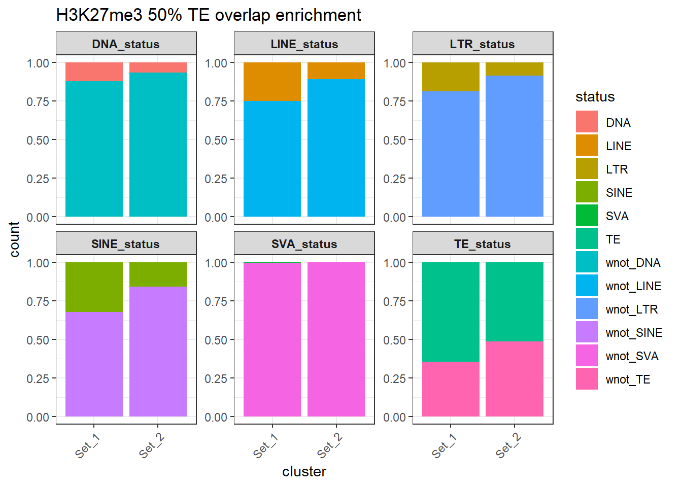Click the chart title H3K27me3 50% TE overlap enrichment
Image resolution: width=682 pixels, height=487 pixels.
pos(208,15)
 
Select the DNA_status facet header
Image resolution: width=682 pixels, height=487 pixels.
pos(126,44)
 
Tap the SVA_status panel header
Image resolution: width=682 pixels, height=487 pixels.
pos(304,244)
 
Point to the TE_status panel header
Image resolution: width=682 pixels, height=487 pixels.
pos(483,244)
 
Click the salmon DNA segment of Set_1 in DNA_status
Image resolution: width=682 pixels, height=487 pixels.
pos(94,72)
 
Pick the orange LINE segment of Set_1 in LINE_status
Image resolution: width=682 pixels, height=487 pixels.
pos(272,82)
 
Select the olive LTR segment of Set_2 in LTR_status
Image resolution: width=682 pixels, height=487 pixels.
pos(515,69)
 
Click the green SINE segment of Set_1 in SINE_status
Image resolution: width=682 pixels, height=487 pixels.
pos(94,287)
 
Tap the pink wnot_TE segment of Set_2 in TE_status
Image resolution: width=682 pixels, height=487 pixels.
pos(515,379)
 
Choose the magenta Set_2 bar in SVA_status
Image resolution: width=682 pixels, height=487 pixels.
pos(336,339)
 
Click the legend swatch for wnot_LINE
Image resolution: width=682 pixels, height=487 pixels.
pos(587,285)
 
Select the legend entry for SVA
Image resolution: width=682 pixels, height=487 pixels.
pos(617,216)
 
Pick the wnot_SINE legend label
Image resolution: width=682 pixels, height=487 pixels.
pos(634,333)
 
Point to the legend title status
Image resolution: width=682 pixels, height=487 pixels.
pos(595,97)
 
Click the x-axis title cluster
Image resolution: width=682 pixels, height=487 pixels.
pos(304,472)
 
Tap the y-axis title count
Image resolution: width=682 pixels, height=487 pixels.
pos(14,239)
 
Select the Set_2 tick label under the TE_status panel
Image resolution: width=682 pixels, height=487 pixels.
pos(508,445)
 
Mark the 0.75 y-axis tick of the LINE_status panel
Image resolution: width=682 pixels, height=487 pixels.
pos(216,101)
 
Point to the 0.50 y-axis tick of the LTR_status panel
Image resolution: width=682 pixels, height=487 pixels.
pos(394,140)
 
